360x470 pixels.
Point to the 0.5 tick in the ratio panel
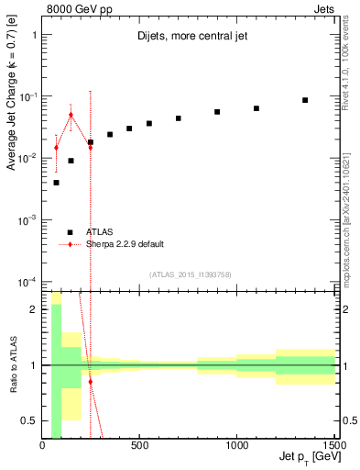[30, 420]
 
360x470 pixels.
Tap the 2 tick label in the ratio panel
[35, 309]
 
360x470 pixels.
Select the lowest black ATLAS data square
[56, 183]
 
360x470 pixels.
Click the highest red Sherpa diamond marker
[71, 115]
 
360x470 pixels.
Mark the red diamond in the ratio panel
[90, 381]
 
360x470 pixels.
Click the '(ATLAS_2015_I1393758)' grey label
[190, 274]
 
